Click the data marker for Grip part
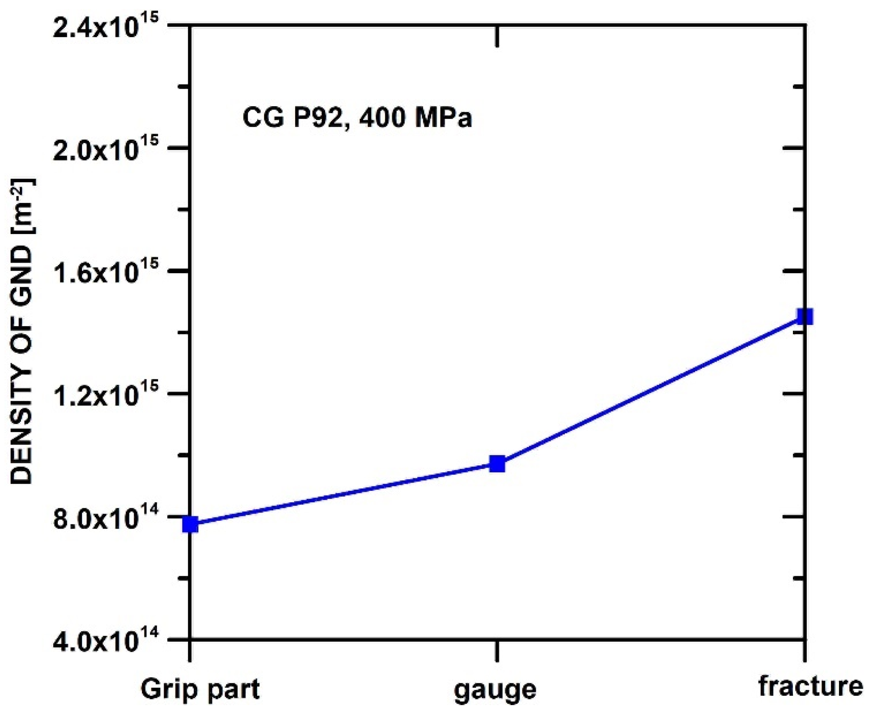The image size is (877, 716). click(x=191, y=524)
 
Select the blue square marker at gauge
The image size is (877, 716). click(x=497, y=464)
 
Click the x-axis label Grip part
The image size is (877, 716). click(x=201, y=689)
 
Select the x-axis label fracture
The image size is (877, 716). click(x=811, y=687)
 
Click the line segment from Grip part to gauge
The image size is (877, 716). click(x=344, y=494)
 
